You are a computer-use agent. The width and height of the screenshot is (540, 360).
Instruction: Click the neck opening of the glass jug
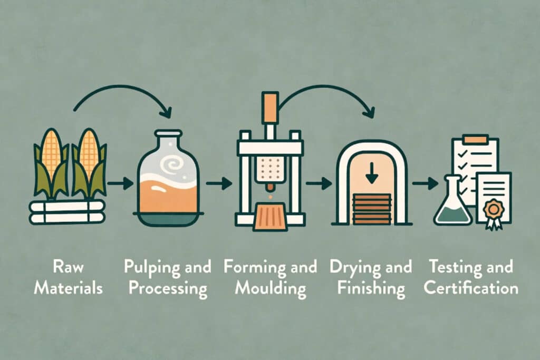tap(168, 133)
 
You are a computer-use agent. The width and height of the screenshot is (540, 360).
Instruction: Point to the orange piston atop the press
tap(270, 107)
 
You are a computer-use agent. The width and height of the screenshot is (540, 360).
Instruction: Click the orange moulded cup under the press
tap(270, 217)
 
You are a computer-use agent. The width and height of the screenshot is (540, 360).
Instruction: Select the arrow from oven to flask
tap(426, 183)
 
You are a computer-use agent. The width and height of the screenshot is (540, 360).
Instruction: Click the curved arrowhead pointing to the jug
tap(166, 112)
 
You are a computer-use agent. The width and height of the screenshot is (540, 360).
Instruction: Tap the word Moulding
tap(271, 289)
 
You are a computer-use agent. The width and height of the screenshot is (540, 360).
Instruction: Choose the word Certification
tap(471, 287)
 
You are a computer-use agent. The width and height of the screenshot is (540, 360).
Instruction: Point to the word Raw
tap(68, 267)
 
